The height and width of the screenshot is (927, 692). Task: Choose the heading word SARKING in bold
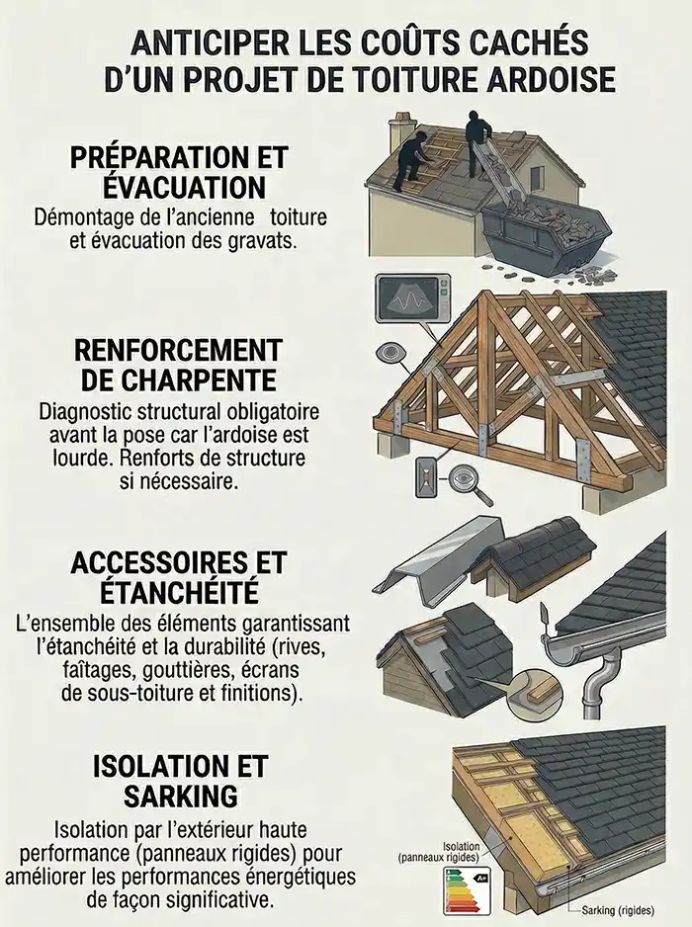pos(180,796)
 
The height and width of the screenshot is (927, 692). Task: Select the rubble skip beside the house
pos(545,232)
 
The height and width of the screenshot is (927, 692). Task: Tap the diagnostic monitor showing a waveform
pos(409,298)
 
